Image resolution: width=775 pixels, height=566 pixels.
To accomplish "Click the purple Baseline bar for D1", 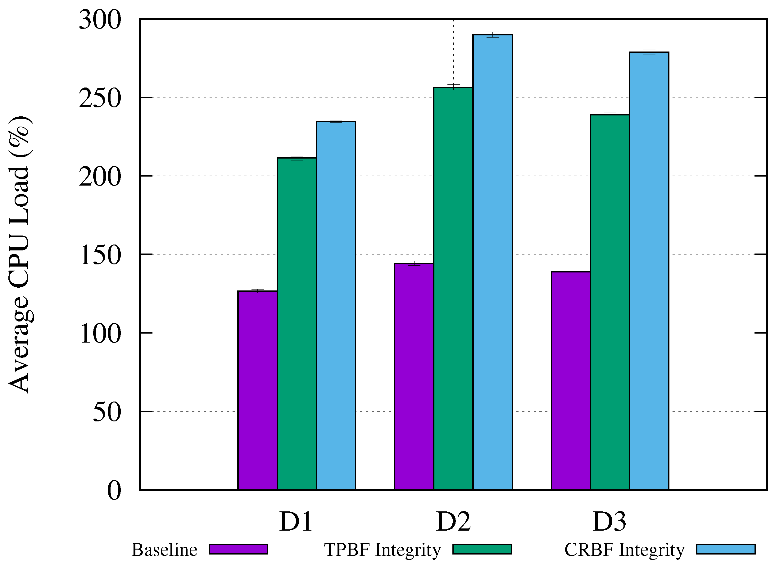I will tap(257, 391).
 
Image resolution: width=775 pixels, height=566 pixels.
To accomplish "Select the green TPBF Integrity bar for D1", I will tap(297, 324).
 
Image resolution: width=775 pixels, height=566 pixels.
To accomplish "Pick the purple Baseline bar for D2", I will tap(414, 377).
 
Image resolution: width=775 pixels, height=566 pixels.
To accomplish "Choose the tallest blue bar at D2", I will tap(492, 263).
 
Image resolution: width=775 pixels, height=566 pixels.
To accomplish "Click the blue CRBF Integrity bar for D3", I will tap(649, 271).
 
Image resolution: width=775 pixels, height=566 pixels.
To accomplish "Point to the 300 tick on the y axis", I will tap(100, 20).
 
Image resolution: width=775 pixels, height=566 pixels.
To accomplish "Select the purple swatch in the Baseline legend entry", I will tap(238, 549).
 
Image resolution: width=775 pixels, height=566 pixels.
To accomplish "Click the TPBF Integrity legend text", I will tap(382, 550).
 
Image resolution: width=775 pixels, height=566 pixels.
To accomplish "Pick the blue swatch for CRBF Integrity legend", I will tap(726, 549).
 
